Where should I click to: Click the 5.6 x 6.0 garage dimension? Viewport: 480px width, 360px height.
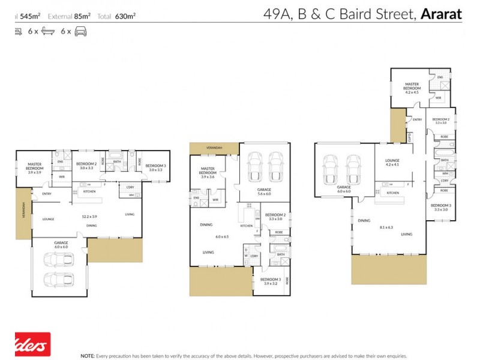[265, 194]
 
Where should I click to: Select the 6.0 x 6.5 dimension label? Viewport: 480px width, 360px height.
[223, 236]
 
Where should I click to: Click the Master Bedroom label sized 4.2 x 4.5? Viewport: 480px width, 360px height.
[412, 88]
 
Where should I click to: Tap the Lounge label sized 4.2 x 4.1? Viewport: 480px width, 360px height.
[392, 162]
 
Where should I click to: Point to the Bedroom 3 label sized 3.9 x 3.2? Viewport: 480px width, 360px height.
[271, 281]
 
